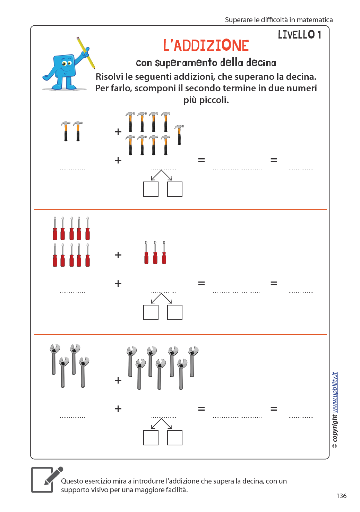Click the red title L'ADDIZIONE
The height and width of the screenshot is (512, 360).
[206, 46]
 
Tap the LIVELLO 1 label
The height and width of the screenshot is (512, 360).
[299, 35]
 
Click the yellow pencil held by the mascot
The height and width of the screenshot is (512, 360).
[86, 52]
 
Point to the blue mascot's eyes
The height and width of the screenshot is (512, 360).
[66, 63]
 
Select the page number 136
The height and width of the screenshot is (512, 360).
[341, 496]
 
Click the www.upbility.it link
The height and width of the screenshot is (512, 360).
[335, 392]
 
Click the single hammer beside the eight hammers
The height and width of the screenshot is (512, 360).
[179, 135]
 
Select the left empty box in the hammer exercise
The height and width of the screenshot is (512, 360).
[151, 189]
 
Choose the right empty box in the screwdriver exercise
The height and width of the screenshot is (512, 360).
[175, 312]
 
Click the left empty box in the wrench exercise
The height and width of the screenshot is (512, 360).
[151, 438]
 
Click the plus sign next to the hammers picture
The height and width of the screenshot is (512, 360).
[118, 132]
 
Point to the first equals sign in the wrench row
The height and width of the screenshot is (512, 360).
[201, 409]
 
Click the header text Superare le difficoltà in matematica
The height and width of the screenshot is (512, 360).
[278, 20]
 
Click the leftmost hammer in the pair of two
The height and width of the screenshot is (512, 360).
[66, 131]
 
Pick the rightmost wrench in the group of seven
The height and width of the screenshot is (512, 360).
[193, 361]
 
